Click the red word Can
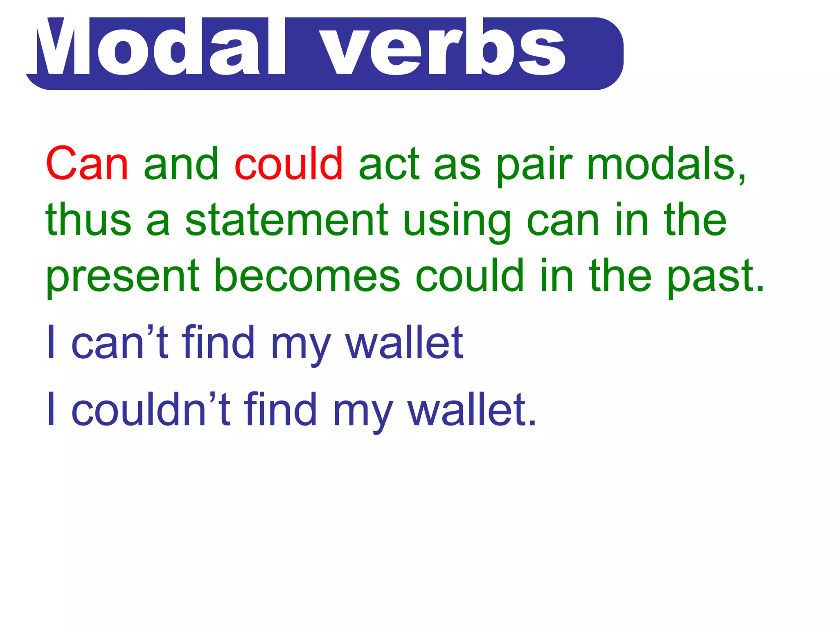[87, 164]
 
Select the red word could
[288, 164]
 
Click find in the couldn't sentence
[281, 409]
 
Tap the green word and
[181, 164]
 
